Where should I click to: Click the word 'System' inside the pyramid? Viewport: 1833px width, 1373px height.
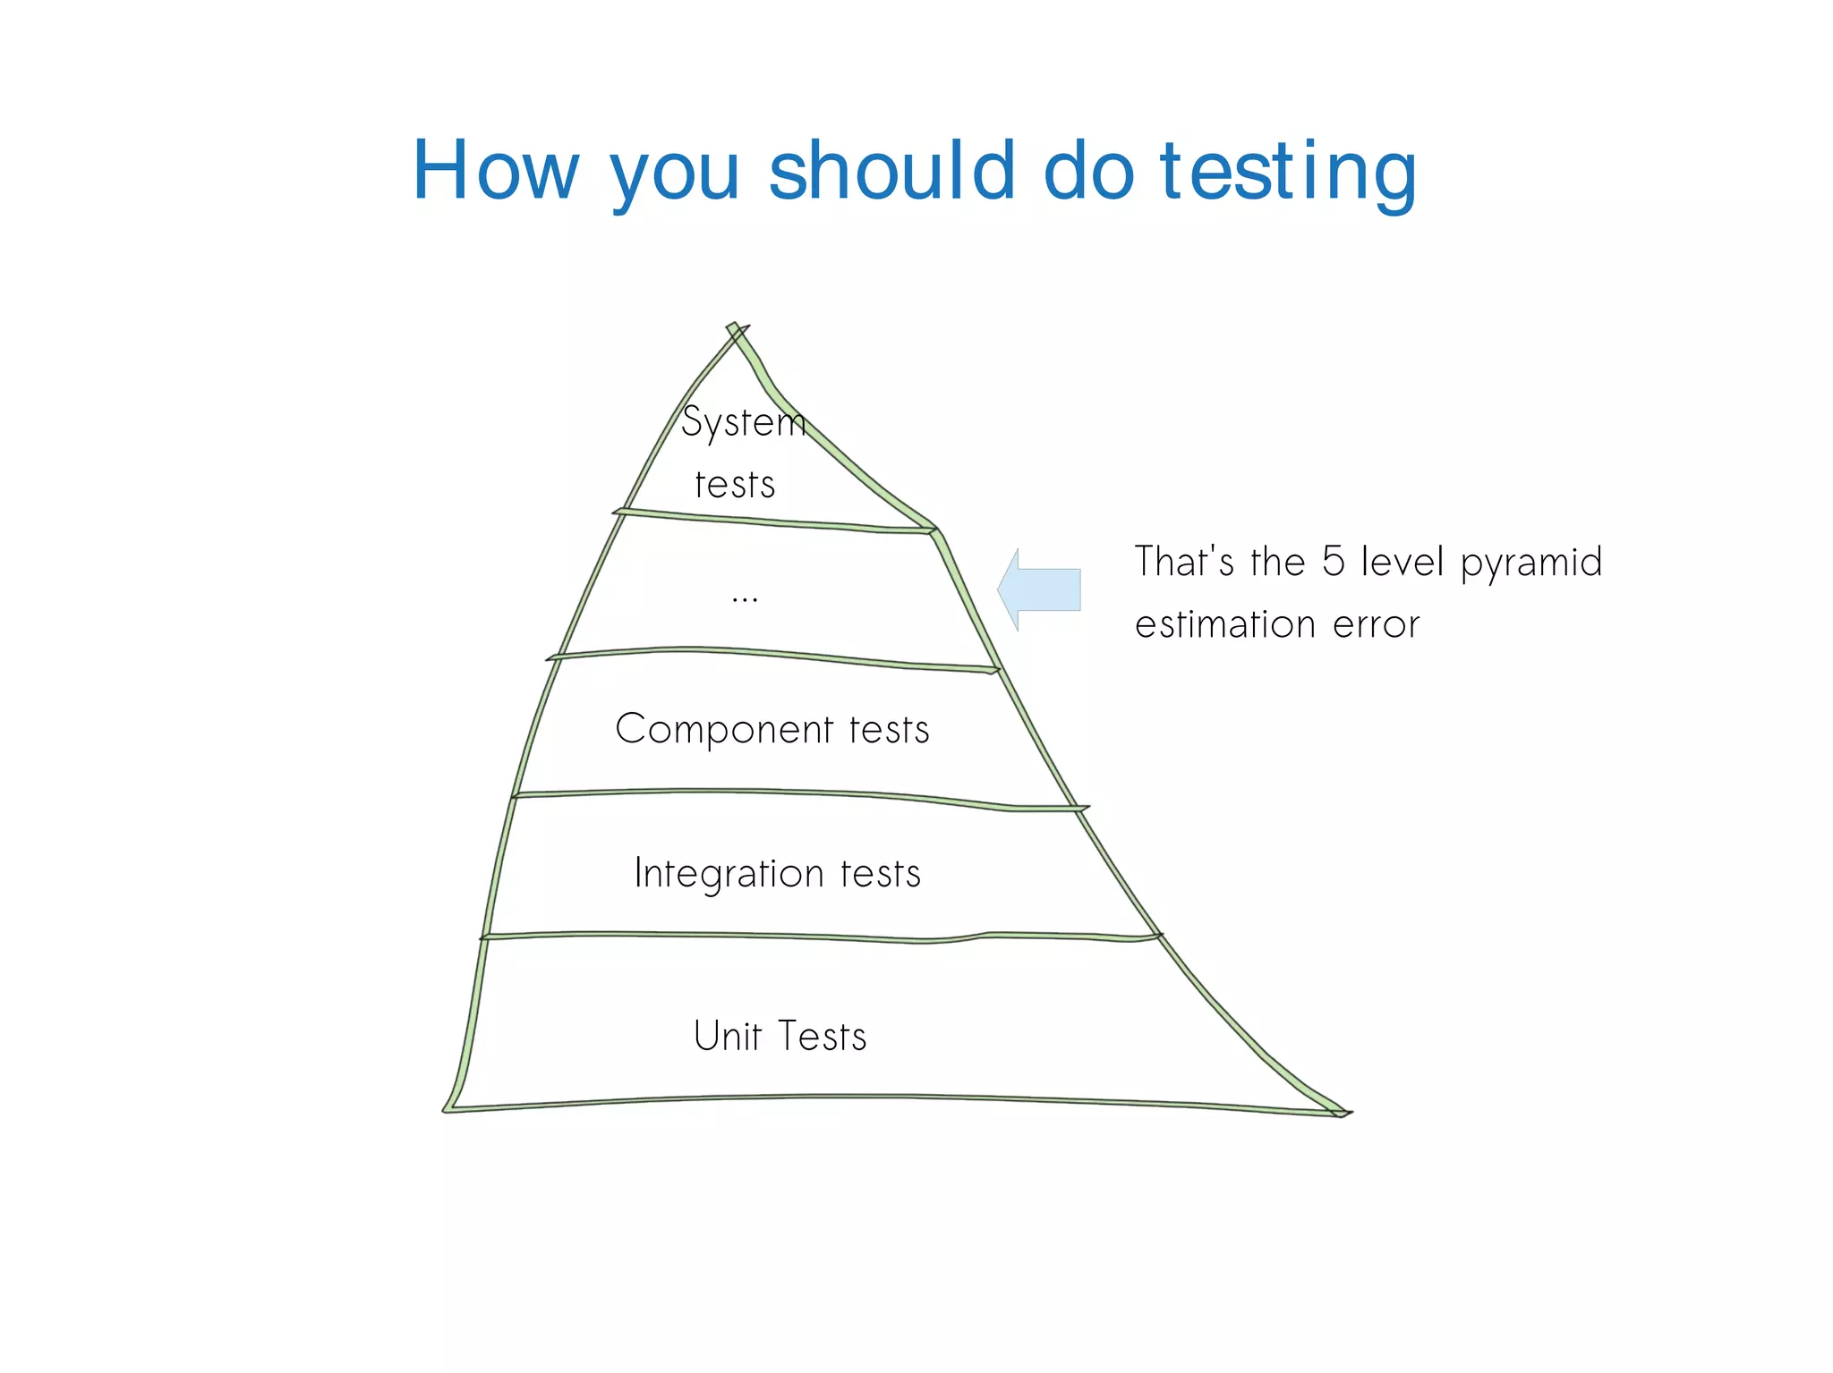tap(743, 422)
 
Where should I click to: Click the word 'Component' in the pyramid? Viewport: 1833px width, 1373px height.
tap(725, 730)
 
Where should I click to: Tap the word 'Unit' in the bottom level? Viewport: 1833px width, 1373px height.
tap(728, 1036)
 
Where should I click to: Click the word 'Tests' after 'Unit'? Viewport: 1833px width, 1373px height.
tap(823, 1037)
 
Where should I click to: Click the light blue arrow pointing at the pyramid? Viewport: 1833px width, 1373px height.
tap(1040, 589)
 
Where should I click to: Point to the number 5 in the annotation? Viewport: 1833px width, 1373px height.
tap(1333, 562)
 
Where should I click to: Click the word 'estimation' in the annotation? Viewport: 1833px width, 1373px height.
tap(1225, 624)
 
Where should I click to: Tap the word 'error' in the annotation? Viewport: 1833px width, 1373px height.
tap(1376, 625)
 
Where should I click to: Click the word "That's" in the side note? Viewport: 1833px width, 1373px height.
tap(1184, 562)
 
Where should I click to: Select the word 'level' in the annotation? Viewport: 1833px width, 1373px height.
tap(1402, 562)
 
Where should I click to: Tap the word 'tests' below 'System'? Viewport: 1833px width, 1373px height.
tap(735, 486)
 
